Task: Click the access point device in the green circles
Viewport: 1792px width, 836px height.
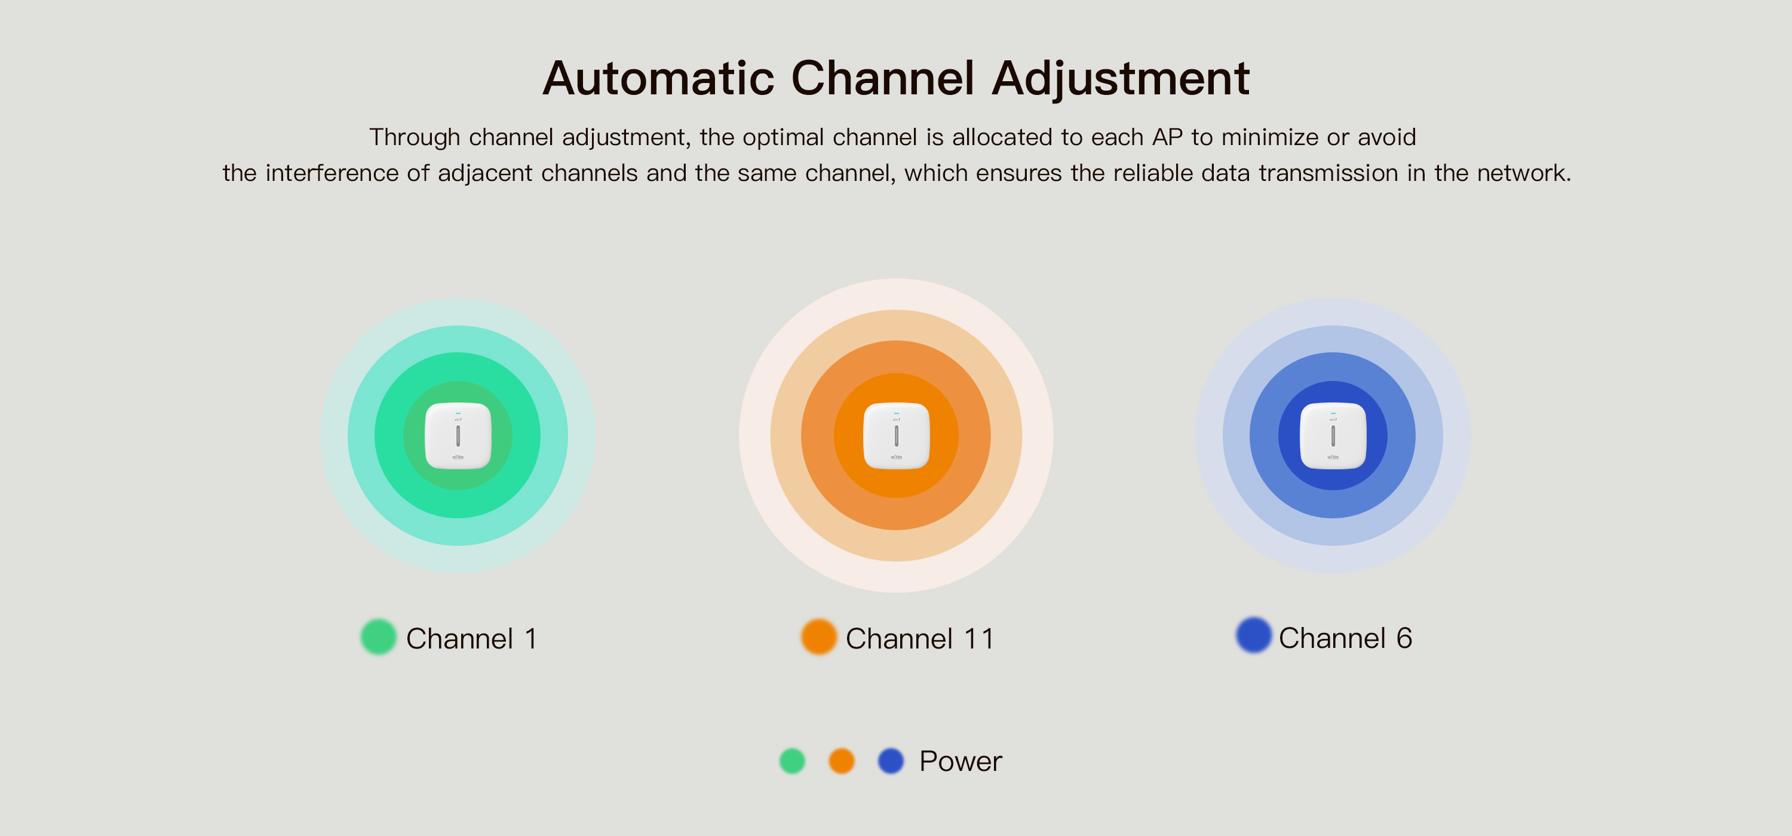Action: pos(458,436)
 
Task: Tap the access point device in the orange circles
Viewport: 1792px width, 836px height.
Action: pos(896,436)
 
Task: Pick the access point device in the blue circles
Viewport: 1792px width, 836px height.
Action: pos(1333,436)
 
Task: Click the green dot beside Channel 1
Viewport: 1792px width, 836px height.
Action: pos(379,637)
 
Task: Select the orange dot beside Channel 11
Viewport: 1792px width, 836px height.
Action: pos(818,637)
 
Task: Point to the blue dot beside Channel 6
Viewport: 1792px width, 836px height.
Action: pos(1254,635)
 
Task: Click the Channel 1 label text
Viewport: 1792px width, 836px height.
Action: pos(472,638)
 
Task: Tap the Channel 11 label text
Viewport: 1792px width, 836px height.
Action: pos(920,638)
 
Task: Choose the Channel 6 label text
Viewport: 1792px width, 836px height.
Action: pos(1345,638)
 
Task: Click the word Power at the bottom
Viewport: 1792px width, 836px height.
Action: pos(961,761)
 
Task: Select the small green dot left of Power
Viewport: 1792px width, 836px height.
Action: pos(791,761)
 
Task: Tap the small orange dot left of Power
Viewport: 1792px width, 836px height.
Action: pos(841,761)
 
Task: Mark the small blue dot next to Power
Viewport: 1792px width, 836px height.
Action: pos(891,761)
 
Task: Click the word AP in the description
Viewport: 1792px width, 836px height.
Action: pos(1167,137)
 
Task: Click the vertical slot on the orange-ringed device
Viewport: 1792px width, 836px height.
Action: pos(896,436)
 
